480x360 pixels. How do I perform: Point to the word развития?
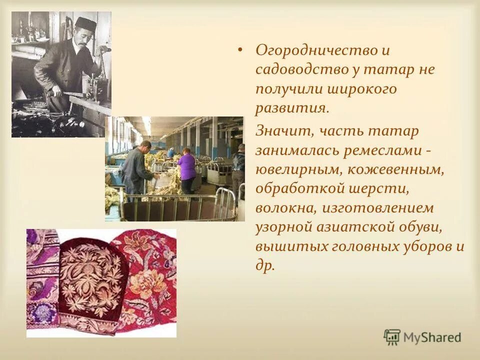290,108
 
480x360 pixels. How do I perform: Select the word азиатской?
359,227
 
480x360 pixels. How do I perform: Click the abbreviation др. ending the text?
265,265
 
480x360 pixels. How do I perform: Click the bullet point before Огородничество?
240,50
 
